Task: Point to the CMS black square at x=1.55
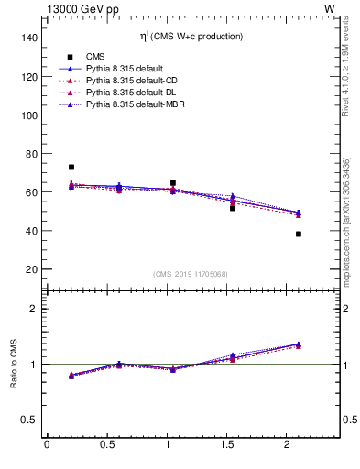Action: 233,208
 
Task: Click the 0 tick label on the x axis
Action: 47,443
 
